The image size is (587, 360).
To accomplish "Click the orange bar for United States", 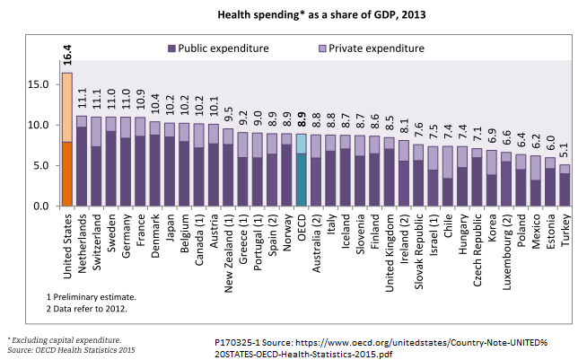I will coord(67,174).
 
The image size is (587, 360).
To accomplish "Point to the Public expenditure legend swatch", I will coord(171,48).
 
